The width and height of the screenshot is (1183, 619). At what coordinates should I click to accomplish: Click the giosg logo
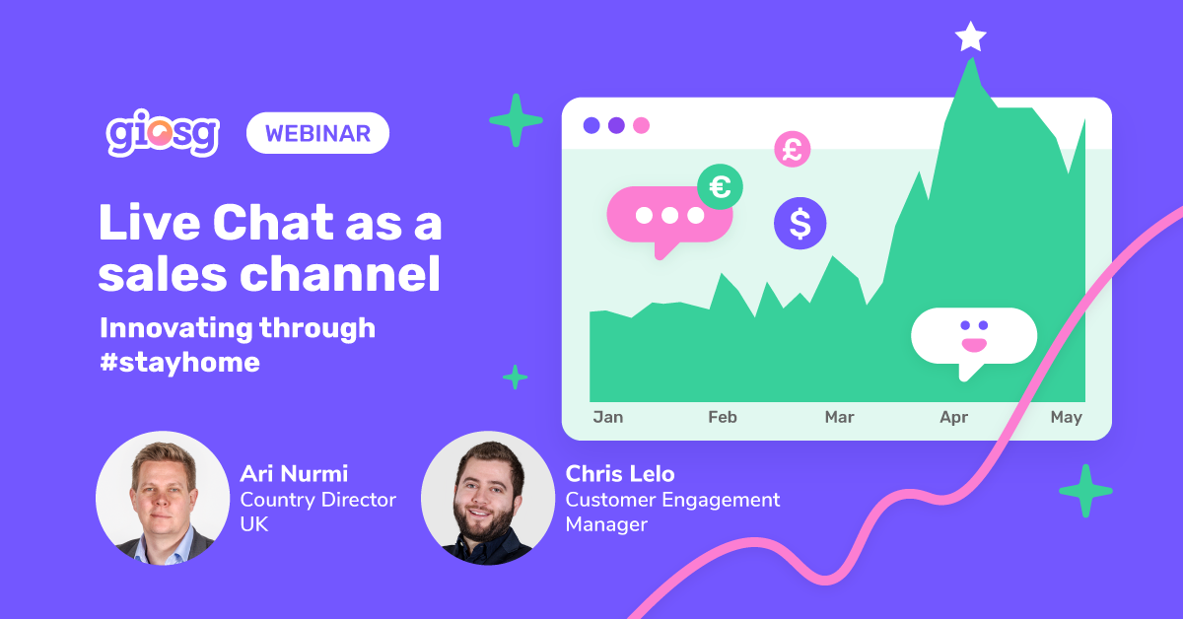(x=162, y=133)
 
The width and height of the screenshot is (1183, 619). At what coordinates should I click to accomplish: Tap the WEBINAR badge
(x=317, y=133)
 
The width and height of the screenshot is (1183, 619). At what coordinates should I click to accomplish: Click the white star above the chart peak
(x=971, y=37)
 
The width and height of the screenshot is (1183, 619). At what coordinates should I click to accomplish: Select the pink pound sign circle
(x=793, y=150)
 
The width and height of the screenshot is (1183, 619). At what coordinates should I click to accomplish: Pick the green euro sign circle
(x=720, y=186)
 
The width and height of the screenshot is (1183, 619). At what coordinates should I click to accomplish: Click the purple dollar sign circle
(x=800, y=223)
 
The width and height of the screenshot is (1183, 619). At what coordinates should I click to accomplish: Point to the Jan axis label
(x=608, y=417)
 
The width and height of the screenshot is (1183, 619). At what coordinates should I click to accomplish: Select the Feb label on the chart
(x=723, y=417)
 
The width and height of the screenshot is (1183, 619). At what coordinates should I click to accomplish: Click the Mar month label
(x=839, y=417)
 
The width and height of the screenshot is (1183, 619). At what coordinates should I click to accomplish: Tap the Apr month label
(x=954, y=418)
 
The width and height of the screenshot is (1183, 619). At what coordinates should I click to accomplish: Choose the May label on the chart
(x=1067, y=418)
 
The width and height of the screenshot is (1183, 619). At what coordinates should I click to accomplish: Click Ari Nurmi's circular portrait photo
(x=163, y=498)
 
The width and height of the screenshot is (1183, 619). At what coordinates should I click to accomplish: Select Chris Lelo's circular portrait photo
(x=488, y=498)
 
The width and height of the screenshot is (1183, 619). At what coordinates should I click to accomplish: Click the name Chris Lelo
(x=620, y=474)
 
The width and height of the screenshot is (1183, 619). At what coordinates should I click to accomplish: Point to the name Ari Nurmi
(x=294, y=474)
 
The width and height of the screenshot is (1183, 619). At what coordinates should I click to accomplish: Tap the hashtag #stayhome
(x=179, y=363)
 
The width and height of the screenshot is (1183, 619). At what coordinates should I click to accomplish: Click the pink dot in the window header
(x=641, y=126)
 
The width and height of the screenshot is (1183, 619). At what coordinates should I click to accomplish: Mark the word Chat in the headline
(x=273, y=223)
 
